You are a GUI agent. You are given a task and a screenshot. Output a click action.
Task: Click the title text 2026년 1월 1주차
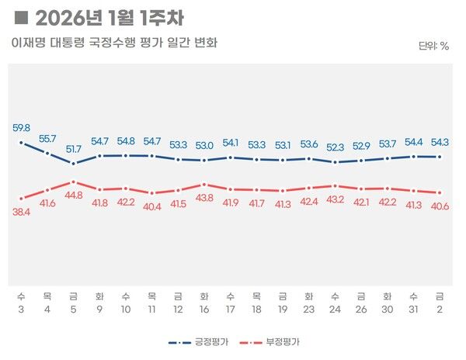(x=109, y=17)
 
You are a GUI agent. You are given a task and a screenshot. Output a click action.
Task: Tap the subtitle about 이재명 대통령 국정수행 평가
(x=114, y=43)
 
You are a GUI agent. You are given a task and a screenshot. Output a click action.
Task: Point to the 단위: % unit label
(x=433, y=46)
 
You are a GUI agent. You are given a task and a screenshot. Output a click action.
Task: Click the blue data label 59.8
(x=22, y=128)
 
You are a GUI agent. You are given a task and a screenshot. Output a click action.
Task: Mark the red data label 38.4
(x=22, y=212)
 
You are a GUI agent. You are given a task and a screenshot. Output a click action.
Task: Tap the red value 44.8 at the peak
(x=74, y=196)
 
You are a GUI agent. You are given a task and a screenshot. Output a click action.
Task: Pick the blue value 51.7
(x=74, y=148)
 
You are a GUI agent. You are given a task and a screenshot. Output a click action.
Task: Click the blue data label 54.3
(x=440, y=142)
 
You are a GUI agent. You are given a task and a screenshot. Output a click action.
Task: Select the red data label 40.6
(x=440, y=206)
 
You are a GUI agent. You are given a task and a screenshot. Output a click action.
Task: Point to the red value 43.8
(x=203, y=199)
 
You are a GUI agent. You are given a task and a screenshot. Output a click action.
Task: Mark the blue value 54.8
(x=126, y=141)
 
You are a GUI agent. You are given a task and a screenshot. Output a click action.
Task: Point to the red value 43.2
(x=336, y=199)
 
